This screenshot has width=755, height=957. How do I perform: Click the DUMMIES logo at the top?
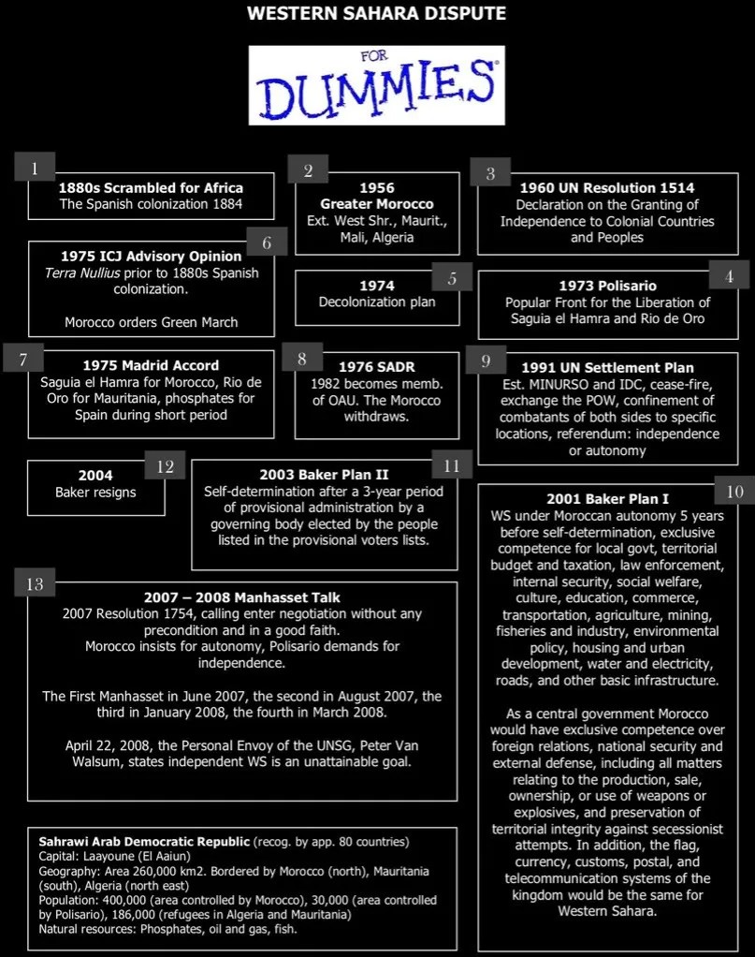point(376,86)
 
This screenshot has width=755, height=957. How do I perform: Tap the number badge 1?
point(35,169)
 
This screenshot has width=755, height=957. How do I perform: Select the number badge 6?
point(268,243)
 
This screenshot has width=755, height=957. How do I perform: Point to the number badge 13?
point(35,584)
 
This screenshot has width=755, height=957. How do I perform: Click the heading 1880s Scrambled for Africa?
point(151,187)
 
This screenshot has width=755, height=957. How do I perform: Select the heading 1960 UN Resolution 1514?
point(606,187)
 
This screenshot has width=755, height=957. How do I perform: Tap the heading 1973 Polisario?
point(607,286)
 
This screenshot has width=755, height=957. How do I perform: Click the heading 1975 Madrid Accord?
point(151,365)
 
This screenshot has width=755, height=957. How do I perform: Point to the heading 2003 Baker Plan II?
point(324,475)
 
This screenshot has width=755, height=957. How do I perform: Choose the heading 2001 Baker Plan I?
point(607,499)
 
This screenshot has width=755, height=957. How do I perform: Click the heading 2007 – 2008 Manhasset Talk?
point(242,596)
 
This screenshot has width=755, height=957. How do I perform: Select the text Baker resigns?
point(95,492)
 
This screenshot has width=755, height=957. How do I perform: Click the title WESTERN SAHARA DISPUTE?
point(377,14)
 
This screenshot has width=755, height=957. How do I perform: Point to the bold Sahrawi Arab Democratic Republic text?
point(142,840)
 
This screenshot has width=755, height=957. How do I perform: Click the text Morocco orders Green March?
point(151,322)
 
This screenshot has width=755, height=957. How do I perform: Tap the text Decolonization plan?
point(377,302)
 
